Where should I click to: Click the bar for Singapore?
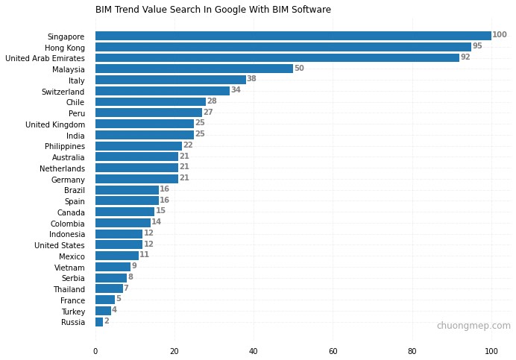[x=293, y=36]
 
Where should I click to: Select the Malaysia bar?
[x=194, y=69]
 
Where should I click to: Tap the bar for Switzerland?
[x=163, y=91]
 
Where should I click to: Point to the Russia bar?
[x=99, y=322]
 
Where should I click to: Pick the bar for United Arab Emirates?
[x=277, y=57]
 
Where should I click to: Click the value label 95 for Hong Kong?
[x=477, y=46]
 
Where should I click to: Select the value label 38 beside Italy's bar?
[x=251, y=79]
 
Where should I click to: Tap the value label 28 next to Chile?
[x=212, y=101]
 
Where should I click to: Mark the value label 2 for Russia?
[x=107, y=321]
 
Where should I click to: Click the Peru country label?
[x=77, y=114]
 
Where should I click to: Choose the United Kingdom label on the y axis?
[x=55, y=124]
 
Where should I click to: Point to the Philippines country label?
[x=65, y=147]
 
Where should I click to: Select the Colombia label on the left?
[x=68, y=224]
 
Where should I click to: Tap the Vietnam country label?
[x=69, y=268]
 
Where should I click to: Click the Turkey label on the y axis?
[x=72, y=312]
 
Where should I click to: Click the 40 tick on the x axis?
[x=254, y=351]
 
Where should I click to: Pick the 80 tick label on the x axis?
[x=412, y=351]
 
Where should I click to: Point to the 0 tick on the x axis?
[x=95, y=351]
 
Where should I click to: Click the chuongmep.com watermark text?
[x=473, y=326]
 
